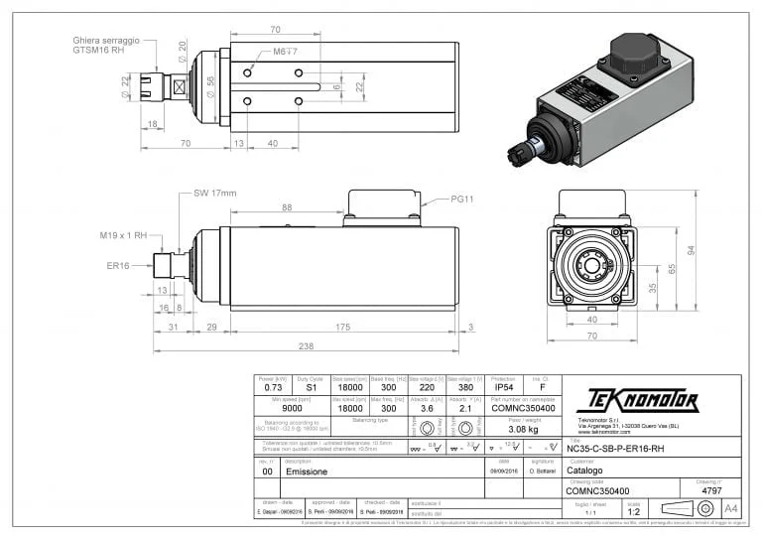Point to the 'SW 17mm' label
[214, 193]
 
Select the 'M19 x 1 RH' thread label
[124, 235]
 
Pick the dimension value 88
[287, 206]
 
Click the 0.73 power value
[273, 388]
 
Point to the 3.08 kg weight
[523, 430]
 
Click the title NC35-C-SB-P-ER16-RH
[615, 449]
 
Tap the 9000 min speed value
[294, 408]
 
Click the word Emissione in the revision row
[309, 472]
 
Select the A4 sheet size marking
[731, 507]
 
